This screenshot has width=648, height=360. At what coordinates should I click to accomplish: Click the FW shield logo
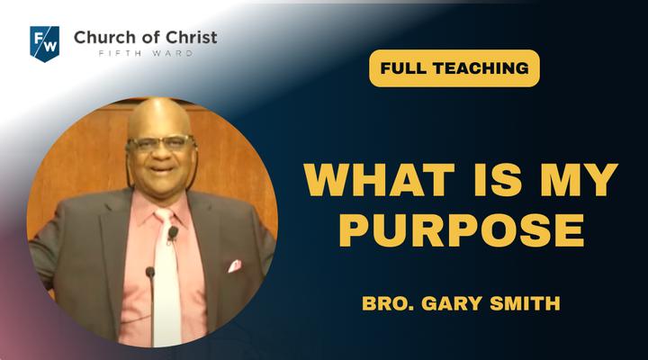click(x=45, y=44)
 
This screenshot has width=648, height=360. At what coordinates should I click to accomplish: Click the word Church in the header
click(x=98, y=38)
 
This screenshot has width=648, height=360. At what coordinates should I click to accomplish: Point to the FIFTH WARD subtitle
click(x=146, y=53)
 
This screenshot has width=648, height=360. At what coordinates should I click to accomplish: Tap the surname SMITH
click(x=525, y=303)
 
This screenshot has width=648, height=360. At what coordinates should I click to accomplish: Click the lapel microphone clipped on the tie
click(x=173, y=233)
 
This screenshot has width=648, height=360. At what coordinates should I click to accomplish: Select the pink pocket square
click(x=235, y=266)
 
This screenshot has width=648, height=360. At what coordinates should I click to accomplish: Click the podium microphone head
click(x=150, y=272)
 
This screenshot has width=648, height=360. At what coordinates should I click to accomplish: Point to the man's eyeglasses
click(x=161, y=143)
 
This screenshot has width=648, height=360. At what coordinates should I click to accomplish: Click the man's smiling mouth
click(x=162, y=168)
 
